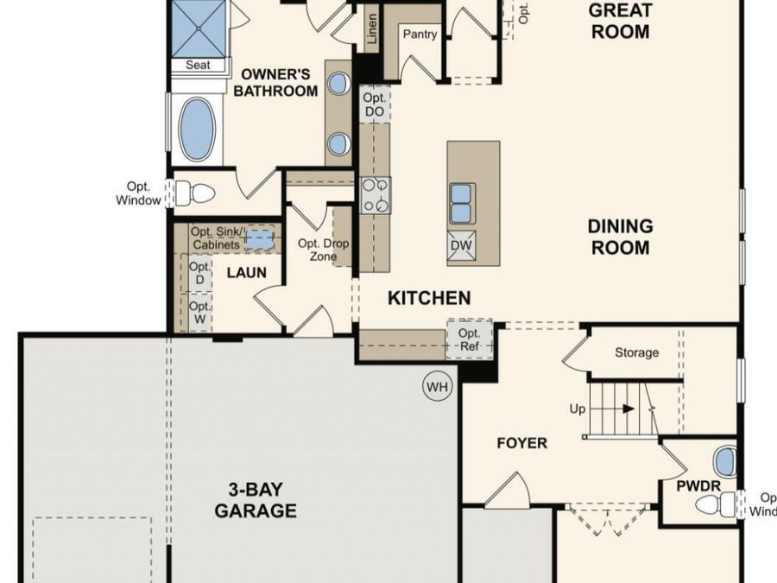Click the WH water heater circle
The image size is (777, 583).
(438, 387)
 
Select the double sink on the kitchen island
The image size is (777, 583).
(461, 203)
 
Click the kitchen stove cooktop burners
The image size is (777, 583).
(376, 194)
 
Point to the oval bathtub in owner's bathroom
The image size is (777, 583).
(197, 130)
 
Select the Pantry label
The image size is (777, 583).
(419, 35)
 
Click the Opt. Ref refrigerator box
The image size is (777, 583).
(469, 339)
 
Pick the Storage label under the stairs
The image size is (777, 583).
(636, 352)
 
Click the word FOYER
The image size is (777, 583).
(521, 443)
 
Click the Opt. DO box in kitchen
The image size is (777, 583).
(374, 106)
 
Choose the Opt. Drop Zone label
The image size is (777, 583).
(323, 250)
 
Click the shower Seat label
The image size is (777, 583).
(198, 65)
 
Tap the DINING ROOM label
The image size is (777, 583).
(620, 237)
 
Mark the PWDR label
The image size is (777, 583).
(698, 486)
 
